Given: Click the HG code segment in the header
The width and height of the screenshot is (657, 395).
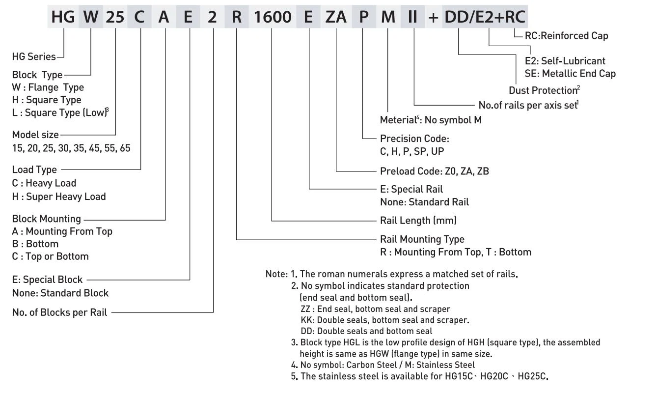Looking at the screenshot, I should click(x=63, y=18).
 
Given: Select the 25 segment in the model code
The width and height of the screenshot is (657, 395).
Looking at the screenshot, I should click(x=115, y=18).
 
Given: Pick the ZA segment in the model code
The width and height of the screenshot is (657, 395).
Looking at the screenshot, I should click(x=336, y=18).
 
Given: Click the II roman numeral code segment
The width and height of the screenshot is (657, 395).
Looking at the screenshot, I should click(x=413, y=18).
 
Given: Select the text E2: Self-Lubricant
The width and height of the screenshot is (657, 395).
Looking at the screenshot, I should click(x=565, y=61).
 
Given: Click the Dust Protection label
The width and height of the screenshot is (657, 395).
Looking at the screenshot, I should click(x=543, y=90).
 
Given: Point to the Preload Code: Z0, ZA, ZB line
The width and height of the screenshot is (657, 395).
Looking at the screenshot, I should click(x=434, y=171).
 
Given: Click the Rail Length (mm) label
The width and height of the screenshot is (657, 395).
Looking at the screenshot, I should click(x=419, y=221).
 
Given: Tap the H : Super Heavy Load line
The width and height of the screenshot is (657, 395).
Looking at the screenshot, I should click(x=58, y=197).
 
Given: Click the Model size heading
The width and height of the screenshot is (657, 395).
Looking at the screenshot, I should click(x=35, y=135).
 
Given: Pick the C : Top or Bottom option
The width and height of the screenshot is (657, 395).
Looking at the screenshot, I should click(x=50, y=256).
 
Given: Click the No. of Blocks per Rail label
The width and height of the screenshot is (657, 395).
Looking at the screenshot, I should click(x=59, y=312).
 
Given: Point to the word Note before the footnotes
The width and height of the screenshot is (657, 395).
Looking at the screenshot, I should click(x=276, y=274).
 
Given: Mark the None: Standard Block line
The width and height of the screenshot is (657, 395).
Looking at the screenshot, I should click(x=60, y=293).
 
